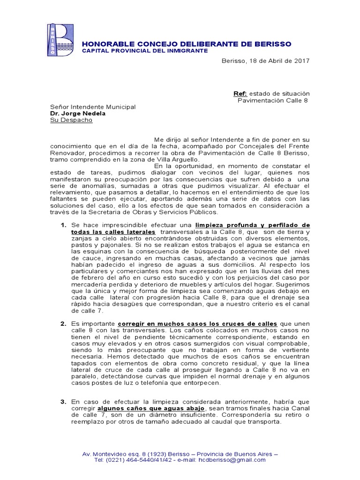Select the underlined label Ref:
[x=240, y=94]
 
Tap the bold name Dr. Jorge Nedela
[x=78, y=113]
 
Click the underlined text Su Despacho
[x=71, y=120]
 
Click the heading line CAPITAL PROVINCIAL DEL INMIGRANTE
[x=145, y=51]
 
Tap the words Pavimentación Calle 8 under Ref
[x=273, y=100]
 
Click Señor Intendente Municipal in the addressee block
[x=93, y=107]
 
